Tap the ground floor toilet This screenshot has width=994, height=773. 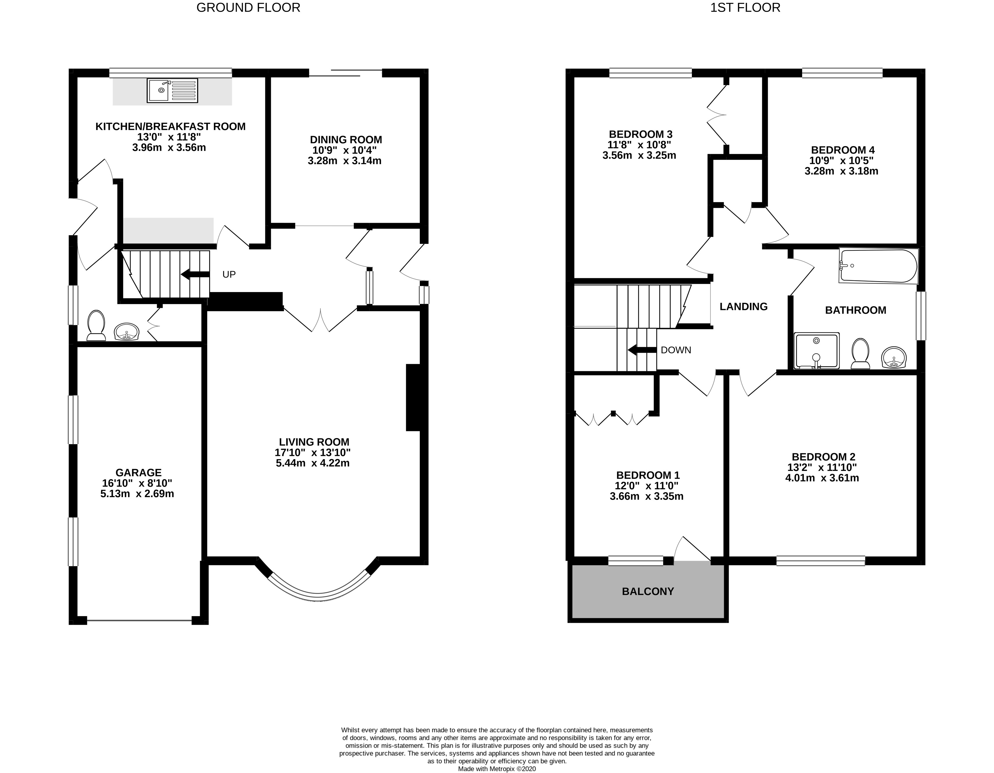click(96, 326)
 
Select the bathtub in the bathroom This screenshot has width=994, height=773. click(878, 266)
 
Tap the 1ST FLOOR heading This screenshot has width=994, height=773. click(745, 8)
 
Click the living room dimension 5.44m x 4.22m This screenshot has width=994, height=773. click(313, 463)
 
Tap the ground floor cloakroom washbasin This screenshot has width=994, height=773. click(126, 331)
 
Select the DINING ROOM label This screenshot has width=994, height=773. click(346, 140)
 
